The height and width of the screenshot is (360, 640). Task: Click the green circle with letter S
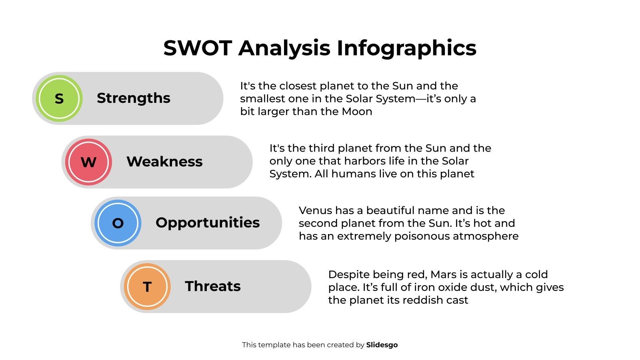point(59,98)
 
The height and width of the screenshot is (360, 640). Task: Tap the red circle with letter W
point(88,162)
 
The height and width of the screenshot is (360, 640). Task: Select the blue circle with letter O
point(118,223)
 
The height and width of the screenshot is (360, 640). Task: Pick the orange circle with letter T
point(147,286)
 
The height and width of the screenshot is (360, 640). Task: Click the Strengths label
point(133,98)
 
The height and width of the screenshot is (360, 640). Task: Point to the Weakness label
point(164,162)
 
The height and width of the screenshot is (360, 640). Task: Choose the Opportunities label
point(208,222)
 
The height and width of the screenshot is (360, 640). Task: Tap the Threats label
point(213,286)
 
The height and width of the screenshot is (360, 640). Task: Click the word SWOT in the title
point(198,48)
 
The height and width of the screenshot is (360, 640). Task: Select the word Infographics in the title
point(406,48)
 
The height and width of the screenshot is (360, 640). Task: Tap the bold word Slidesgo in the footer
point(382,345)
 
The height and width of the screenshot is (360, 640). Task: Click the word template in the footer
point(274,345)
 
